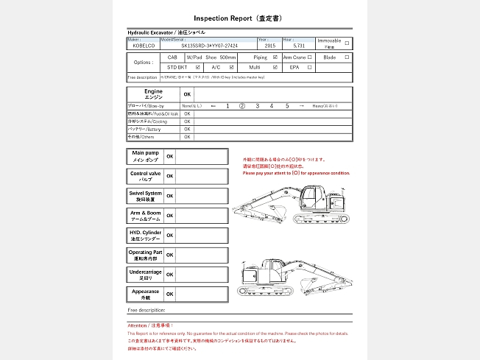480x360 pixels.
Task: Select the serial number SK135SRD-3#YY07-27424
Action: coord(209,45)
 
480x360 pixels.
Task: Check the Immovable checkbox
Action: coord(347,43)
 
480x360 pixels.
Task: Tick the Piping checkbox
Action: coord(275,57)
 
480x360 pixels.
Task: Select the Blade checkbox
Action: coord(347,57)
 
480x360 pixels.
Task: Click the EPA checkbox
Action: coord(310,67)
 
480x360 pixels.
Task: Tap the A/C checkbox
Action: coord(231,67)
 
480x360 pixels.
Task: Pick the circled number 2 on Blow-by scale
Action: coord(241,106)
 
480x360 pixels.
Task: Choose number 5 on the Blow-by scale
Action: coord(287,106)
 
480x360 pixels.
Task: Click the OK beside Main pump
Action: coord(170,157)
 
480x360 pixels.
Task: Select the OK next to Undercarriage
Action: coord(170,275)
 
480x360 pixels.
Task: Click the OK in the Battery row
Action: coord(187,129)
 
